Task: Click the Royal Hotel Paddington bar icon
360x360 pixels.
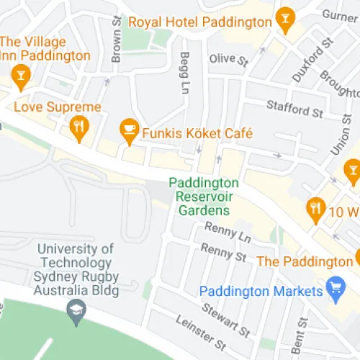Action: pos(286,18)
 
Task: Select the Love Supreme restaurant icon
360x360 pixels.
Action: pos(79,128)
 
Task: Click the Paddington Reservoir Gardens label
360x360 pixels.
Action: pos(204,197)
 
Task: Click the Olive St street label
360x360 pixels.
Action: pos(227,58)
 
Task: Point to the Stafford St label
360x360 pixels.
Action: pos(294,109)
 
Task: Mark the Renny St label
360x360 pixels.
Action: pos(224,251)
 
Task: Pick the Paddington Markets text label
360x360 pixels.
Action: pos(260,291)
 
